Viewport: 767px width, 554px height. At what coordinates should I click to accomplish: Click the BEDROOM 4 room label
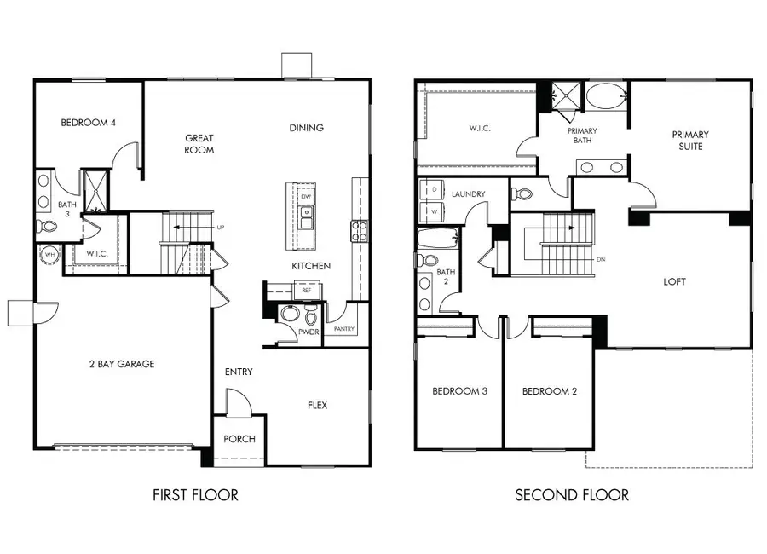[x=88, y=123]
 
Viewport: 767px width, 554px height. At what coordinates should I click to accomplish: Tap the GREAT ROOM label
[x=199, y=144]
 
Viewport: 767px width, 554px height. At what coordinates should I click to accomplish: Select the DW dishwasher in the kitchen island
[x=306, y=196]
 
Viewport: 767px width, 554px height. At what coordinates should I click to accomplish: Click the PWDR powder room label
[x=308, y=332]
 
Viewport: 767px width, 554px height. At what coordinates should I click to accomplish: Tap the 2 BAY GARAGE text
[x=123, y=364]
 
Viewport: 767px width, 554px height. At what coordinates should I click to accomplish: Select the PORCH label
[x=239, y=439]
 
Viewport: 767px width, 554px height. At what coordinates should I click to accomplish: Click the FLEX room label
[x=317, y=405]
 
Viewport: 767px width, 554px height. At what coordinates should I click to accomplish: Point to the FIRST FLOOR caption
[x=195, y=494]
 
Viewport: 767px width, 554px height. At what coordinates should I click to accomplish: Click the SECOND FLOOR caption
[x=572, y=494]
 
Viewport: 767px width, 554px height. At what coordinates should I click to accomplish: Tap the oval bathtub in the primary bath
[x=605, y=95]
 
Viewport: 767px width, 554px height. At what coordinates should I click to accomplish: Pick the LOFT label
[x=674, y=281]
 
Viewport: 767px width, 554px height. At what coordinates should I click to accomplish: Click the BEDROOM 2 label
[x=550, y=391]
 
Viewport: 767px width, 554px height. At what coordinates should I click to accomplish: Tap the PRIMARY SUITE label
[x=689, y=141]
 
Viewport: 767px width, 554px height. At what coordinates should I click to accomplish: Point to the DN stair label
[x=602, y=260]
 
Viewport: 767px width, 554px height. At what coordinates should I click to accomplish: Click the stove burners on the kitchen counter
[x=360, y=228]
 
